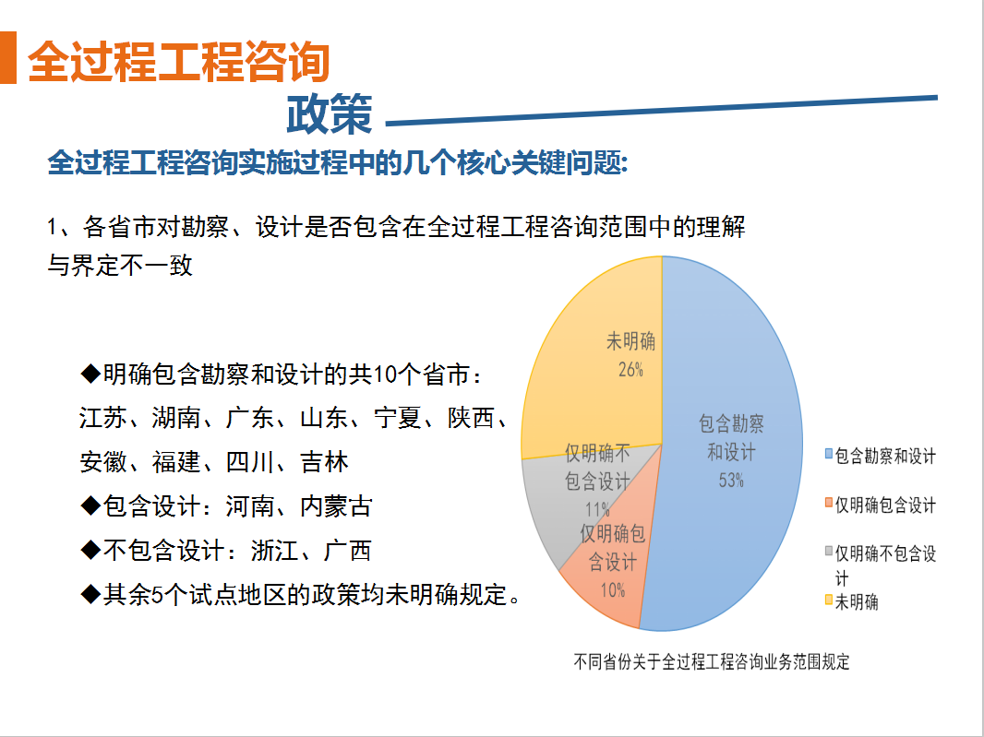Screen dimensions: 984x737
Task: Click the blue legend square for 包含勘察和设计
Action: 829,454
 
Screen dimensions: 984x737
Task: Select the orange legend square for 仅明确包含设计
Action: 829,503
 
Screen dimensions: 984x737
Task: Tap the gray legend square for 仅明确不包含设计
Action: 829,552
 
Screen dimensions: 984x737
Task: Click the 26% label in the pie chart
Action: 630,370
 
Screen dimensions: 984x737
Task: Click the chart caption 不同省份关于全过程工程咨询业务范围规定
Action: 712,661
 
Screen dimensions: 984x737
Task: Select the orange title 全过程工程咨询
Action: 179,62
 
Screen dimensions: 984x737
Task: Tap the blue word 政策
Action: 330,114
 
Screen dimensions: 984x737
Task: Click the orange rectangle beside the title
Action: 7,58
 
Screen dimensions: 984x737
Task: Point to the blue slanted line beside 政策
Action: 662,111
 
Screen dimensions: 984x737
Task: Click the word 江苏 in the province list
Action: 102,419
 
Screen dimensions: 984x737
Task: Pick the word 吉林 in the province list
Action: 324,462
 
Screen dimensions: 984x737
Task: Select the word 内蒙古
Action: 336,506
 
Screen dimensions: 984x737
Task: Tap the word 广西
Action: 348,551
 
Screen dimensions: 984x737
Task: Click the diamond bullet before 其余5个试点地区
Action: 91,594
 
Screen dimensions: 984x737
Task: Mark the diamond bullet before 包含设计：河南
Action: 91,506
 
